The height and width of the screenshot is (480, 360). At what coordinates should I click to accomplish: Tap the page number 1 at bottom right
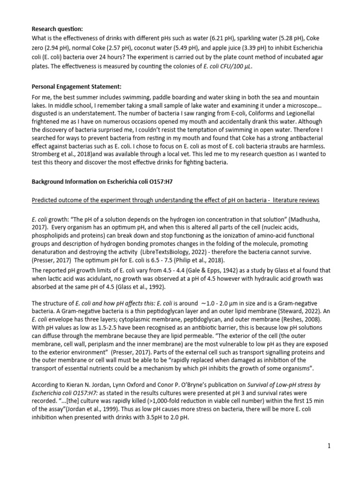[330, 446]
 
